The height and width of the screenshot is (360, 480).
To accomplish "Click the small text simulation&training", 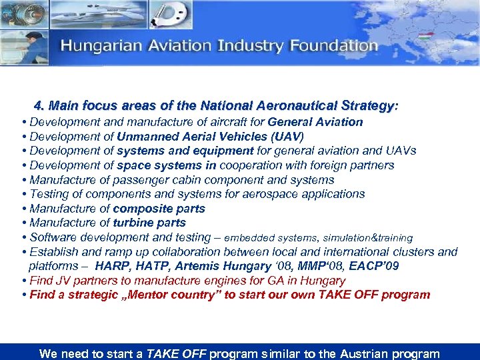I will [369, 238].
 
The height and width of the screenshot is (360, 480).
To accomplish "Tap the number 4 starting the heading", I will [38, 106].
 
